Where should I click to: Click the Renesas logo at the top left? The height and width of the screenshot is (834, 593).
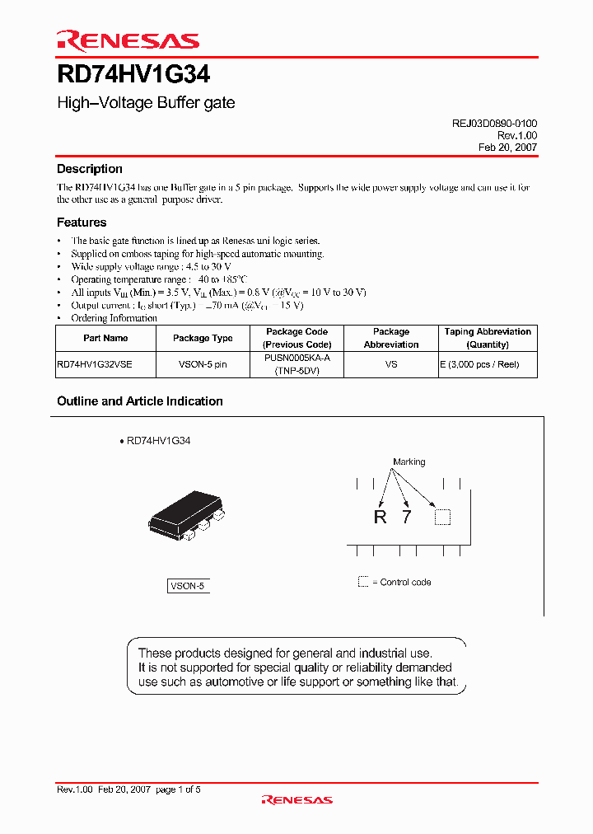click(x=128, y=40)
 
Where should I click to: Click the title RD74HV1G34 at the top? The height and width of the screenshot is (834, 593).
click(x=133, y=76)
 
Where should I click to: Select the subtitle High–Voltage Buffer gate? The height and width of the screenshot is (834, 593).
click(x=146, y=103)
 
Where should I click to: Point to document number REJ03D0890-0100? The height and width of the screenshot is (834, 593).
click(x=494, y=123)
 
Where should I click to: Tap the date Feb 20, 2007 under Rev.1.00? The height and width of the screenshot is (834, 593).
click(x=507, y=147)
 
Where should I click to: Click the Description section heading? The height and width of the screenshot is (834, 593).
click(x=90, y=169)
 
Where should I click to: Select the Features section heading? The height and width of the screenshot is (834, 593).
click(x=82, y=223)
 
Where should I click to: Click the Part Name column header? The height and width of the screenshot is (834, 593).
click(x=105, y=338)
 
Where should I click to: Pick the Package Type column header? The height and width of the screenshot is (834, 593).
click(x=203, y=338)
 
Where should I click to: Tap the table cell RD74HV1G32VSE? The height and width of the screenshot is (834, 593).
click(x=95, y=364)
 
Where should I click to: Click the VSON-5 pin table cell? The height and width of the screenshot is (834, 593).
click(x=203, y=364)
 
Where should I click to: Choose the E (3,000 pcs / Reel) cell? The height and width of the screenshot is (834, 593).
click(x=488, y=364)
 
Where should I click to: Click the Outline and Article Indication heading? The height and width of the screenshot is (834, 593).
click(x=140, y=401)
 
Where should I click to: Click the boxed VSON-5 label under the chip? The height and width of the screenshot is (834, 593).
click(x=187, y=586)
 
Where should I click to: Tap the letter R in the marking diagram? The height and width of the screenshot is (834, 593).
click(x=380, y=518)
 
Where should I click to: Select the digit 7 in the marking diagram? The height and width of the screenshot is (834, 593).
click(x=405, y=518)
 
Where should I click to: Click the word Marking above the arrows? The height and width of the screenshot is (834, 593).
click(x=409, y=462)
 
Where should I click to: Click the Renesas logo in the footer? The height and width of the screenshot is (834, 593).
click(x=296, y=799)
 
